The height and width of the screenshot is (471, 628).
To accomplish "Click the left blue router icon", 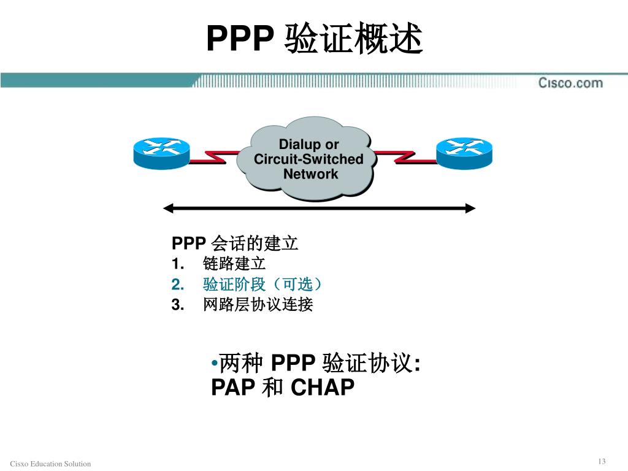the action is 161,153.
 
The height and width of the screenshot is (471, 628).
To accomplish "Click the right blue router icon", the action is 464,153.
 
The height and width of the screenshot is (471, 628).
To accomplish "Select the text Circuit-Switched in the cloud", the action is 308,159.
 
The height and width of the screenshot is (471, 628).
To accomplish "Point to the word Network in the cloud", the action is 311,174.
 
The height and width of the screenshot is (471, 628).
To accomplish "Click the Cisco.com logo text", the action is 570,83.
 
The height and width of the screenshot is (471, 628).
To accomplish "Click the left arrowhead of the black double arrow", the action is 168,208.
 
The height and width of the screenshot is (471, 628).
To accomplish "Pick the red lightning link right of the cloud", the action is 405,157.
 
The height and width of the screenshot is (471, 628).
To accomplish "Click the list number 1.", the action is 177,264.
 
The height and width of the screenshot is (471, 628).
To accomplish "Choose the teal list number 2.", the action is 177,285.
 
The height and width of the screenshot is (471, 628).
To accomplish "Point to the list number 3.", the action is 177,305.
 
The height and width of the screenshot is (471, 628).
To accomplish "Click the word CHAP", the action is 323,388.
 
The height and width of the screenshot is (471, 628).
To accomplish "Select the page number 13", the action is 602,461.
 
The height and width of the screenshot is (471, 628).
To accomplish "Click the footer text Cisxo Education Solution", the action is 50,464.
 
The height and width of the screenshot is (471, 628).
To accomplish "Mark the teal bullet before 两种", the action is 215,364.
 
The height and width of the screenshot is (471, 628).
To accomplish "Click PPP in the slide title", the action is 240,38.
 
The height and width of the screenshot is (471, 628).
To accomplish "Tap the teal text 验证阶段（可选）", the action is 262,285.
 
